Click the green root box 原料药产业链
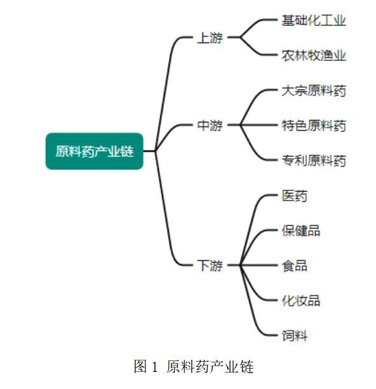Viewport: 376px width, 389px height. click(x=95, y=151)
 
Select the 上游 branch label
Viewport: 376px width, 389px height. click(x=210, y=37)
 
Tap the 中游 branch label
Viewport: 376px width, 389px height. click(x=210, y=125)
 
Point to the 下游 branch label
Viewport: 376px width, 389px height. click(x=210, y=265)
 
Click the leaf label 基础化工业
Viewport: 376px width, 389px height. click(x=314, y=20)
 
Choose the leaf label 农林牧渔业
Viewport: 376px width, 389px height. click(x=314, y=55)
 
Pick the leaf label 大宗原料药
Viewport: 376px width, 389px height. click(x=314, y=91)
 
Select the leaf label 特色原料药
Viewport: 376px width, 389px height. click(x=314, y=125)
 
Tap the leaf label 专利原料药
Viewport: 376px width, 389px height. click(x=314, y=161)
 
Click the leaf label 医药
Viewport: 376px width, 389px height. click(x=294, y=195)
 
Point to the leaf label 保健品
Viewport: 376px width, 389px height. click(x=301, y=230)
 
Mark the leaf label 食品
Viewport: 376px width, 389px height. click(x=294, y=265)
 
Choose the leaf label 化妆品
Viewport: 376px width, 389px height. click(x=301, y=300)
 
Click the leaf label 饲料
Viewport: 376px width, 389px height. click(x=294, y=336)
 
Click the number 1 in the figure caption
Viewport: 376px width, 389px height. click(x=154, y=367)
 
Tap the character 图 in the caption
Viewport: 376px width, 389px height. click(x=140, y=366)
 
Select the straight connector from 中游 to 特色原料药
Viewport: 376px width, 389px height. click(x=258, y=125)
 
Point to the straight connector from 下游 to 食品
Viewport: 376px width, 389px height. click(x=258, y=265)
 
